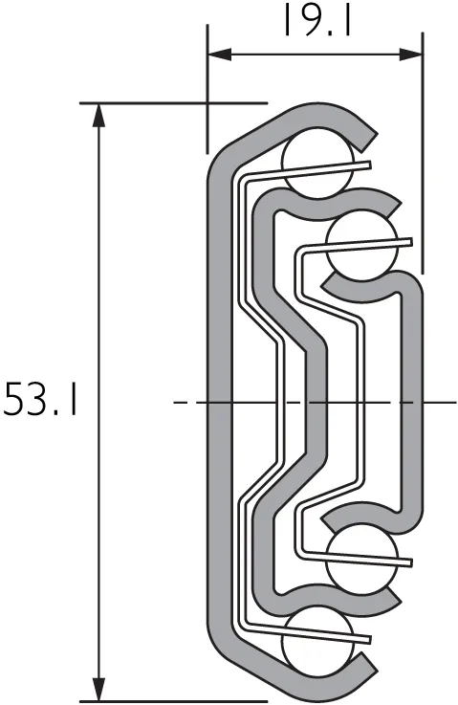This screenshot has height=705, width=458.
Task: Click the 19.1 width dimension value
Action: [x=315, y=20]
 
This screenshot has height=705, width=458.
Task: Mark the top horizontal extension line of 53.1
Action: [x=172, y=101]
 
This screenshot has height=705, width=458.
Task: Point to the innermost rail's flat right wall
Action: [x=412, y=403]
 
